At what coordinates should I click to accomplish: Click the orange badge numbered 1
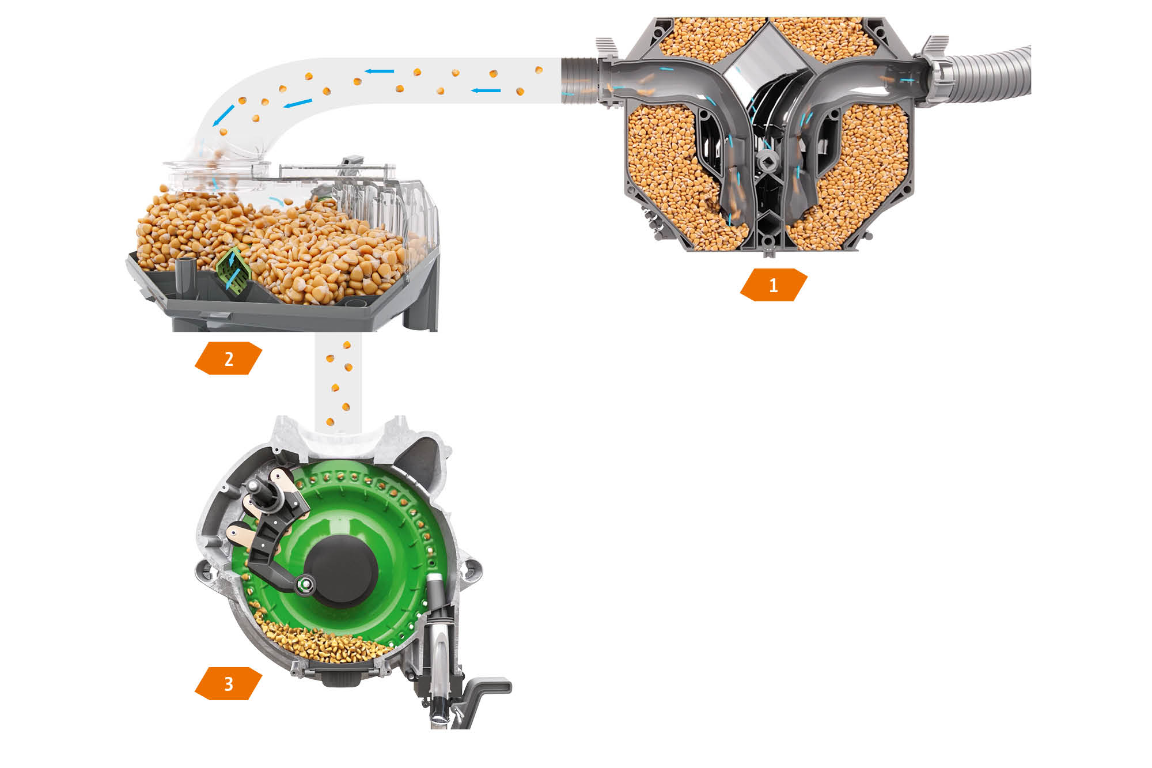(x=774, y=285)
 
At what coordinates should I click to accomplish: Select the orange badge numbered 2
(x=229, y=358)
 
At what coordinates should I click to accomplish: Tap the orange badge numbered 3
(x=229, y=683)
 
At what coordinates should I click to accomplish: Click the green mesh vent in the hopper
(x=233, y=269)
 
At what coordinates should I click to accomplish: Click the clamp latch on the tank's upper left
(x=607, y=48)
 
